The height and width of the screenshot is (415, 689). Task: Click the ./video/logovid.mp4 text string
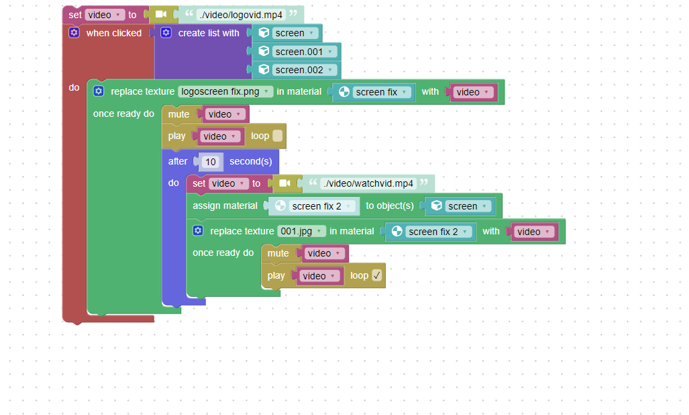tap(241, 15)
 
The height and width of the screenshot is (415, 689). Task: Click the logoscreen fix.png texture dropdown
tap(225, 91)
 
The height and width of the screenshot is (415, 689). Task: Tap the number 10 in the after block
tap(211, 162)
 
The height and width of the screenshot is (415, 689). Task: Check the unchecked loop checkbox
tap(277, 136)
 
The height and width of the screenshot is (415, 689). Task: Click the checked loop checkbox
tap(376, 275)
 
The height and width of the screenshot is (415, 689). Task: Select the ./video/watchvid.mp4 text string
tap(368, 183)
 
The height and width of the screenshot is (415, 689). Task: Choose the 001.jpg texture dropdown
tap(301, 231)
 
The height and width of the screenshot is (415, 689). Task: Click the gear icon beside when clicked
tap(74, 32)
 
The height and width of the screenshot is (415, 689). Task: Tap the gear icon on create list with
tap(166, 32)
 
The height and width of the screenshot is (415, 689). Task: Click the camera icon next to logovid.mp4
tap(161, 14)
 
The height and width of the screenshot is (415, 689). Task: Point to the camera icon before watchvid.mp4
tap(284, 183)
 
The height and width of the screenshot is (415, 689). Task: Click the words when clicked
tap(114, 33)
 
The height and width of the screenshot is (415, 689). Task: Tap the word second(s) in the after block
tap(251, 161)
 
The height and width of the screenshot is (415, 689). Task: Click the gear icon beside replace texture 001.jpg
tap(198, 230)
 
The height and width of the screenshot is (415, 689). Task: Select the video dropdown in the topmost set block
tap(104, 15)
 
